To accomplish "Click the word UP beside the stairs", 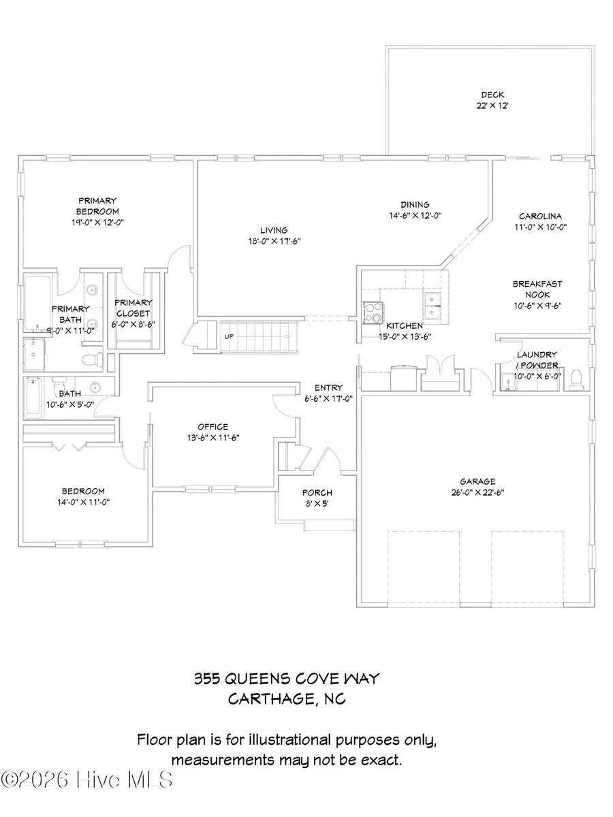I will pos(230,336).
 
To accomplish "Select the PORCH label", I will pos(317,493).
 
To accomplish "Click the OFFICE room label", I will pos(213,427).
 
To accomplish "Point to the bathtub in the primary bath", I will pos(34,298).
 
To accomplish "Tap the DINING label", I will pos(415,204).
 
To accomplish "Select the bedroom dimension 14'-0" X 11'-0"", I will pos(83,502).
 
